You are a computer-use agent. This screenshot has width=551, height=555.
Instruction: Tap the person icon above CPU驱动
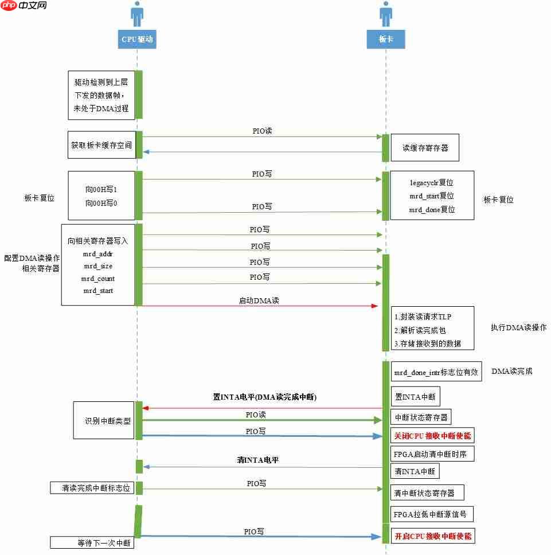point(137,14)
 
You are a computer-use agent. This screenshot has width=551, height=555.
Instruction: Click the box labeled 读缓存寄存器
point(425,148)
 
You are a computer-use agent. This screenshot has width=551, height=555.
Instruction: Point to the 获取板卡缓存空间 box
point(101,145)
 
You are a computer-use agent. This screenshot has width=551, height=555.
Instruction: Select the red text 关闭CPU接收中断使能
point(432,436)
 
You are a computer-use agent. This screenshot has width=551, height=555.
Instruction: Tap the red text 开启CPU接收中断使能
point(432,537)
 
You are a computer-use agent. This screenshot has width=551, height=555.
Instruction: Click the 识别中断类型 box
point(104,420)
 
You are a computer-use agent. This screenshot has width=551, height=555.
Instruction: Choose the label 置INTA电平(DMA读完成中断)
point(261,397)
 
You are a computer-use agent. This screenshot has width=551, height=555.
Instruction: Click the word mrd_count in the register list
point(99,279)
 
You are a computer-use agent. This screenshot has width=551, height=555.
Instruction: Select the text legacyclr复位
point(431,183)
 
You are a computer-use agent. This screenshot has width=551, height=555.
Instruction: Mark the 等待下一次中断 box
point(92,542)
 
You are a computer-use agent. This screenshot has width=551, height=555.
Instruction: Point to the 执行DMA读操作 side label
point(518,328)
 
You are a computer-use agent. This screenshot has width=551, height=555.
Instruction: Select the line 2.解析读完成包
point(420,331)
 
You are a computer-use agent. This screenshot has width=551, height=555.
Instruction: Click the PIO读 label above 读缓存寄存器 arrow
point(262,131)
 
